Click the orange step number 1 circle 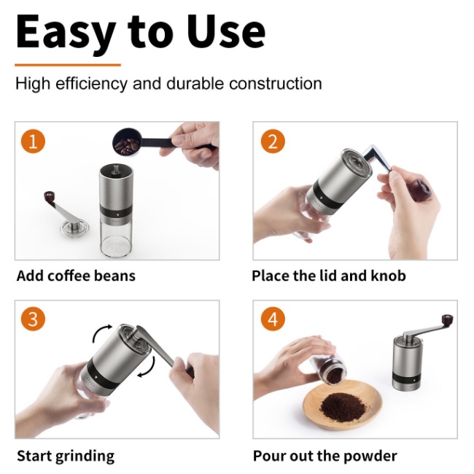tap(33, 141)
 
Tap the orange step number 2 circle tap(273, 141)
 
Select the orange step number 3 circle tap(33, 319)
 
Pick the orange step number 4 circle tap(273, 319)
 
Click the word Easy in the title tap(66, 34)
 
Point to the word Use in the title tap(226, 32)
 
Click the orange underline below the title tap(68, 65)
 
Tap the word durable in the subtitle tap(195, 83)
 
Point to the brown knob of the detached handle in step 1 tap(49, 196)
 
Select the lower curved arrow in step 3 tap(148, 368)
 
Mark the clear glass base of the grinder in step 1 tap(116, 238)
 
